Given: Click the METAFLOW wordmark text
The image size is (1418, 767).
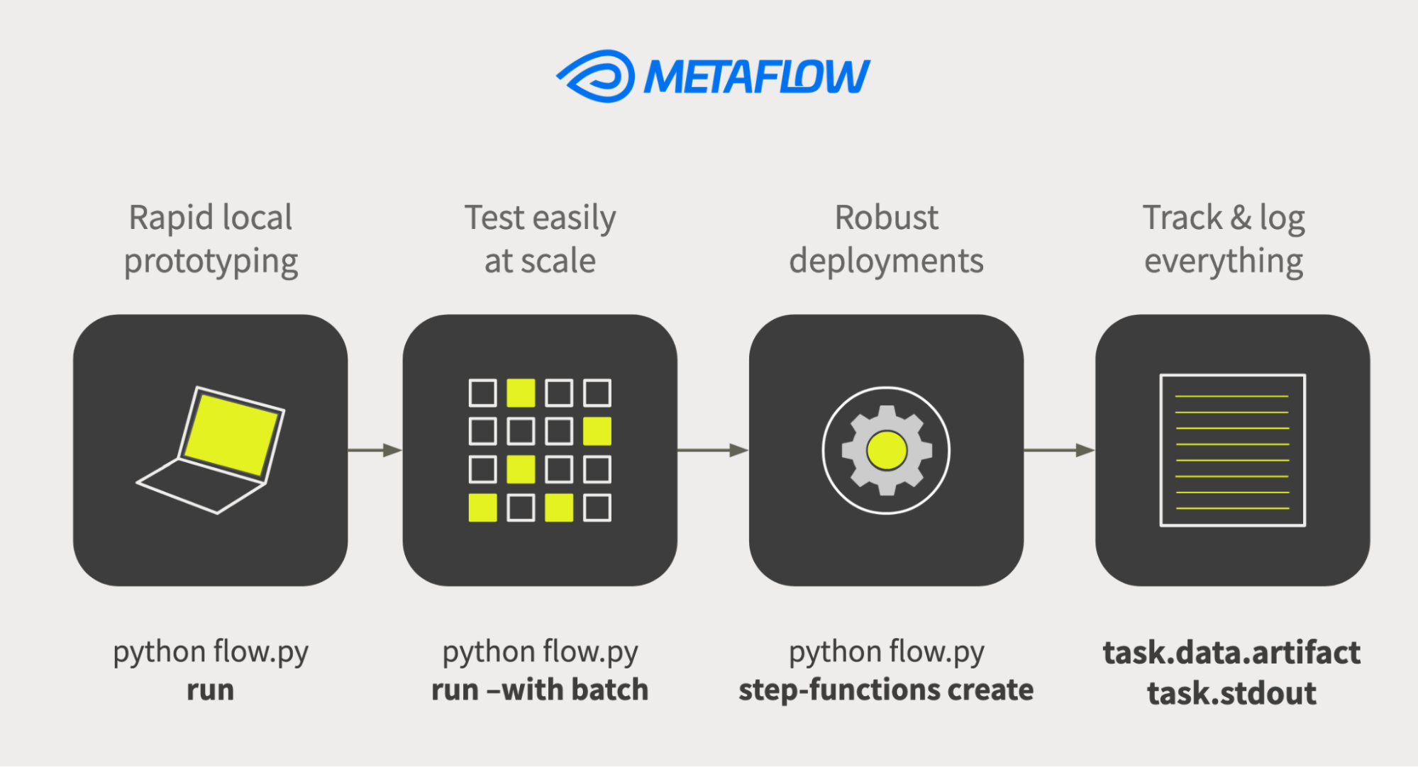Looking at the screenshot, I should click(x=756, y=77).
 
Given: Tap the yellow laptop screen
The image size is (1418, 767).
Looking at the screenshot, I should click(x=231, y=434).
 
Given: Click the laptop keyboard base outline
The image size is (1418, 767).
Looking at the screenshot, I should click(x=200, y=487).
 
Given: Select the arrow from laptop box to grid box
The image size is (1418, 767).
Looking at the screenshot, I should click(x=375, y=450).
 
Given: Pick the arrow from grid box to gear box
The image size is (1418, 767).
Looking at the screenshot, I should click(x=712, y=450).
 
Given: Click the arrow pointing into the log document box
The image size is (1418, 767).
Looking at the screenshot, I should click(x=1058, y=450).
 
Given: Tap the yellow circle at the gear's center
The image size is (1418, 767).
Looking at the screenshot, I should click(x=887, y=451).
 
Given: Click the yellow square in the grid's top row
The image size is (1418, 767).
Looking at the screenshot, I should click(x=521, y=393).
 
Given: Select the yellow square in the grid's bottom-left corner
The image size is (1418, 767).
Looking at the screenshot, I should click(x=482, y=508).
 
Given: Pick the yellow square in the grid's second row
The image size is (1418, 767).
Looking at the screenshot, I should click(x=597, y=431).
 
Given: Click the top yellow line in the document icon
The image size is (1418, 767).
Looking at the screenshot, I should click(x=1231, y=396).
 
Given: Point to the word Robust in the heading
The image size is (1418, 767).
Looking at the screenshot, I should click(x=886, y=218).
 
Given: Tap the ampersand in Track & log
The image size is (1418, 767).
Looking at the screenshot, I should click(x=1240, y=218).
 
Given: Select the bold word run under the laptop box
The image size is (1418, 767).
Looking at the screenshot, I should click(x=210, y=690).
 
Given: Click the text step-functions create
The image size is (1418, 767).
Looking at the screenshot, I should click(x=886, y=690).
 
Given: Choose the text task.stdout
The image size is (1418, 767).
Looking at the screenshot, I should click(x=1231, y=693).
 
